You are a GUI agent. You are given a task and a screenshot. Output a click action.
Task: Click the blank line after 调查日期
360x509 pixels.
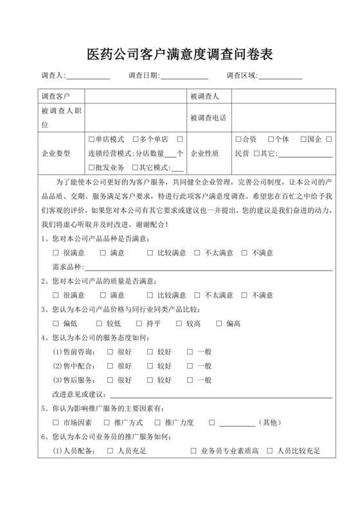click(x=184, y=77)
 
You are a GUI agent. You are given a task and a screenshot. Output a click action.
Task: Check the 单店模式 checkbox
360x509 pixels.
click(x=91, y=139)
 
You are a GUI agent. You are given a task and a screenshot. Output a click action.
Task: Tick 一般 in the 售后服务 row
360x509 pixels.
click(x=190, y=380)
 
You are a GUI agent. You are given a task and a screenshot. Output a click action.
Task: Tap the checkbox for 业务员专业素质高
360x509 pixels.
click(x=194, y=451)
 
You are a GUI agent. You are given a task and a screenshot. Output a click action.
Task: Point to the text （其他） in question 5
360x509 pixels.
click(x=268, y=423)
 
